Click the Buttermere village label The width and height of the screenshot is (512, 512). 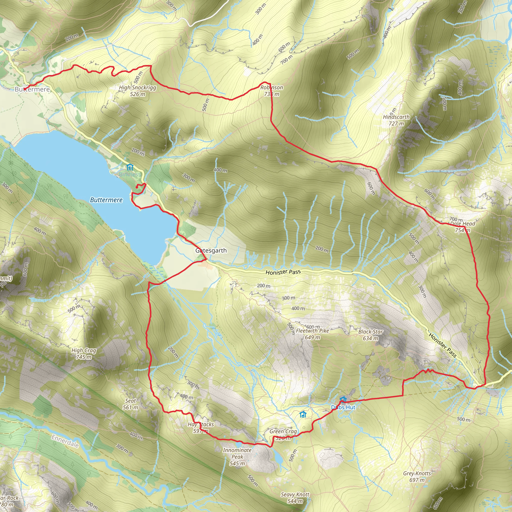[x=32, y=89]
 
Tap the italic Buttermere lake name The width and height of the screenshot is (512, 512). [x=106, y=200]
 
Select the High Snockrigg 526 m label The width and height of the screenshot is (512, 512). [x=137, y=91]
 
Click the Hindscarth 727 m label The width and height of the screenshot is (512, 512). [x=396, y=120]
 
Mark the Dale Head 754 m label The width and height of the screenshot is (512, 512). [x=463, y=227]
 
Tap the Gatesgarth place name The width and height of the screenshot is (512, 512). [x=211, y=250]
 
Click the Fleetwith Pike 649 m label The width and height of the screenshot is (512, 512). [x=312, y=334]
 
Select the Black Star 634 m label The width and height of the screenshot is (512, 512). [x=370, y=335]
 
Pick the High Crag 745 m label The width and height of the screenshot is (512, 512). [x=84, y=353]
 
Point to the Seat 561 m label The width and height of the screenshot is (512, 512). [x=130, y=404]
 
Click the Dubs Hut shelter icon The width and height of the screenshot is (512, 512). [x=343, y=399]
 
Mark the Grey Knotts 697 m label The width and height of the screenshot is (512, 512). [x=417, y=476]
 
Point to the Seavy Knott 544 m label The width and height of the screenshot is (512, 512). [x=295, y=498]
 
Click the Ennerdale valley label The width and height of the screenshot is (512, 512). [x=65, y=441]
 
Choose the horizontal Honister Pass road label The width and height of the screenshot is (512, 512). [x=283, y=272]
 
